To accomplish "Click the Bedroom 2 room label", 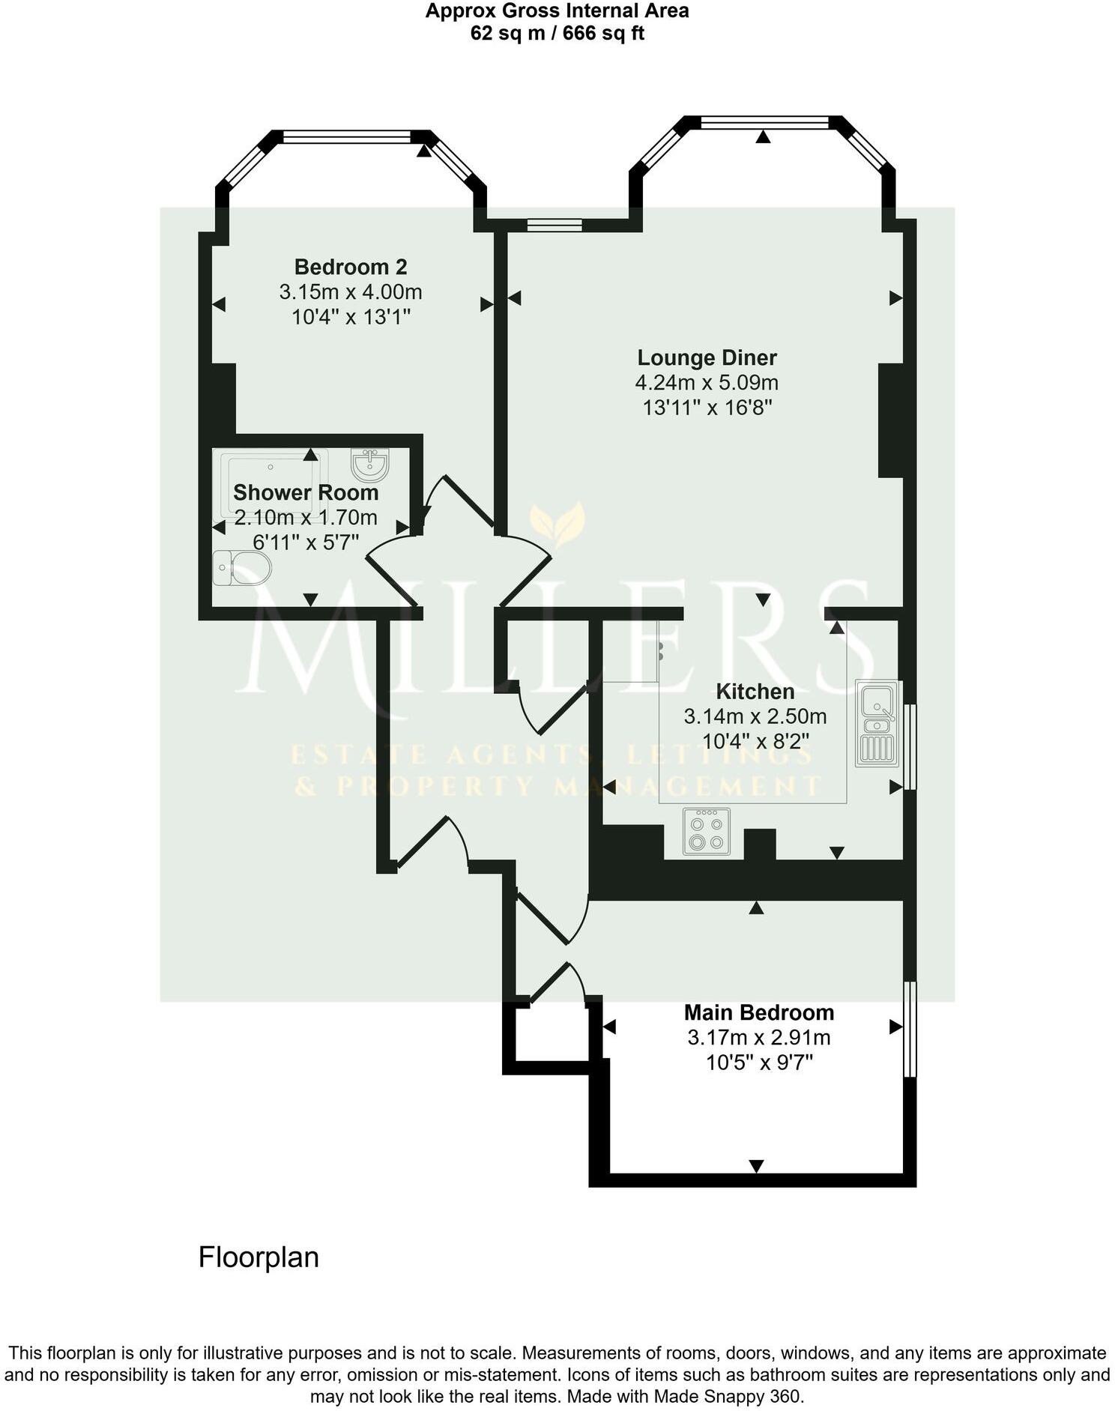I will pos(350,267).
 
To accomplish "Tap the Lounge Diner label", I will pos(707,357).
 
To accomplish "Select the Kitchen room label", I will pos(755,691).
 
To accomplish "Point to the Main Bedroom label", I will pos(758,1012).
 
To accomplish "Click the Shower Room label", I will pos(305,492).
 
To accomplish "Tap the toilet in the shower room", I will pos(242,568).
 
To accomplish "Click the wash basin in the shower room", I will pos(369,465).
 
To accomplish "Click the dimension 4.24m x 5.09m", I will pos(707,383).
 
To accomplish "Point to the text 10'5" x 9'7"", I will pos(758,1063).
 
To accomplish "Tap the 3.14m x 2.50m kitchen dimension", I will pos(755,716).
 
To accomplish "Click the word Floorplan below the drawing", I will pos(259,1257).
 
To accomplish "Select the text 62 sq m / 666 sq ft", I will pos(557,33).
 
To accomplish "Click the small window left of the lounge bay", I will pos(555,223).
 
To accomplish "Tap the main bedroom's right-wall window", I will pos(909,1029).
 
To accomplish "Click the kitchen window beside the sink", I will pos(909,746).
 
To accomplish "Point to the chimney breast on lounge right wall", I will pos(890,420).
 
